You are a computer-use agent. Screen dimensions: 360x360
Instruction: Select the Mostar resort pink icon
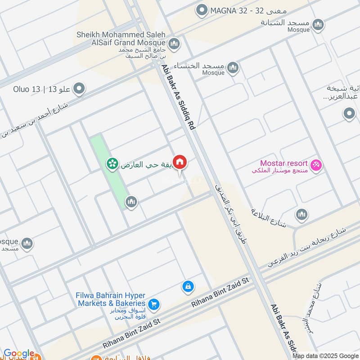point(317,166)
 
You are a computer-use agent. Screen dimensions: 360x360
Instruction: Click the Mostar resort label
point(283,163)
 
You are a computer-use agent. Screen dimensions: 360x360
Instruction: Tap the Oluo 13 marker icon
point(80,89)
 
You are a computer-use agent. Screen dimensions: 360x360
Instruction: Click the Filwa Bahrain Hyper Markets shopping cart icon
point(154,305)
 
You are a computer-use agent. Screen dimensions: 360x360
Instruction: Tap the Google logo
point(19,354)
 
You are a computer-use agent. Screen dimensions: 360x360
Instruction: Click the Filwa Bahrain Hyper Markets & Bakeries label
point(111,300)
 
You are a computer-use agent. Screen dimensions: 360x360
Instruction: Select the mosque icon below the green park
point(131,202)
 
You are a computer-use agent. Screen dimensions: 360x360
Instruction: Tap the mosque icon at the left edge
point(27,243)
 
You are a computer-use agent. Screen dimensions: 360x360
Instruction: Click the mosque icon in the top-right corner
point(318,24)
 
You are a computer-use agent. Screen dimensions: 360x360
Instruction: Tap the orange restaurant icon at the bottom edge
point(96,357)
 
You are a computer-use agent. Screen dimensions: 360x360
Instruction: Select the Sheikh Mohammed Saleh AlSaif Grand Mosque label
point(121,39)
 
